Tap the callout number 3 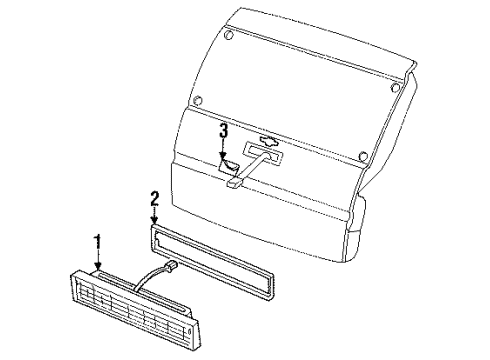(x=224, y=130)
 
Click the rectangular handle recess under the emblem (x=262, y=155)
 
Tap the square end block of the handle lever (x=233, y=183)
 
